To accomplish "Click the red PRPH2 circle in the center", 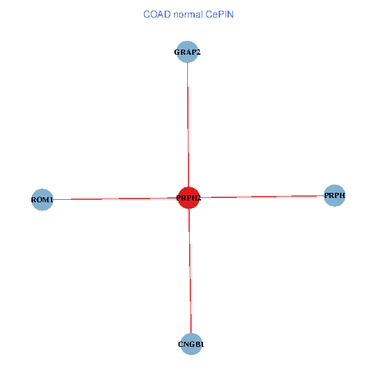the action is pos(188,198).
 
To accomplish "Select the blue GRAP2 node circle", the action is pos(187,52).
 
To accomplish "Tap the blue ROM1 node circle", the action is pos(42,200).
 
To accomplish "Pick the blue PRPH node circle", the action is pos(334,195).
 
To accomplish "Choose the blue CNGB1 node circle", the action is pos(191,344).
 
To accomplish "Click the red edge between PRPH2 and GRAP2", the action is pos(188,126).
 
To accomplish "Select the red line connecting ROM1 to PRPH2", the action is pos(113,199).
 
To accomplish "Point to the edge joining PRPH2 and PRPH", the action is pos(264,197).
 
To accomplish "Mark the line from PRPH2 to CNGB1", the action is pos(190,270).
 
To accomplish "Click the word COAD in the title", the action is pos(156,14).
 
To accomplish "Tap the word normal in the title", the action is pos(189,14).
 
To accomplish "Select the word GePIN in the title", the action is pos(220,14).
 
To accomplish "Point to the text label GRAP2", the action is pos(187,52).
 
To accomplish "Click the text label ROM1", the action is pos(42,200).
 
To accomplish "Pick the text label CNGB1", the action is pos(191,344).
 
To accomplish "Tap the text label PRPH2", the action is pos(188,199).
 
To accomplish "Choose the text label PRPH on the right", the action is pos(335,196).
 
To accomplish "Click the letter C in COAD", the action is pos(146,14).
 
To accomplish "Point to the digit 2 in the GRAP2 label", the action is pos(198,52).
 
